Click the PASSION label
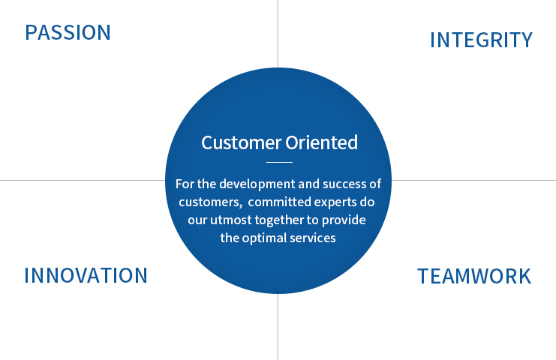[x=68, y=32]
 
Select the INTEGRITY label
[x=481, y=40]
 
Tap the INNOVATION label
[x=86, y=275]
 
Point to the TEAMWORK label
[x=474, y=277]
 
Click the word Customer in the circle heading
[x=241, y=142]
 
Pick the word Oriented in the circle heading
[x=322, y=142]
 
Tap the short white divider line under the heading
[x=279, y=162]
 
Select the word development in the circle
[x=257, y=184]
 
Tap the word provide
[x=344, y=220]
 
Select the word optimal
[x=264, y=238]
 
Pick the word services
[x=313, y=238]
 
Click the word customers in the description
[x=209, y=202]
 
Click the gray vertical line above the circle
[x=278, y=34]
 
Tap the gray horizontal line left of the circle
[x=83, y=180]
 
